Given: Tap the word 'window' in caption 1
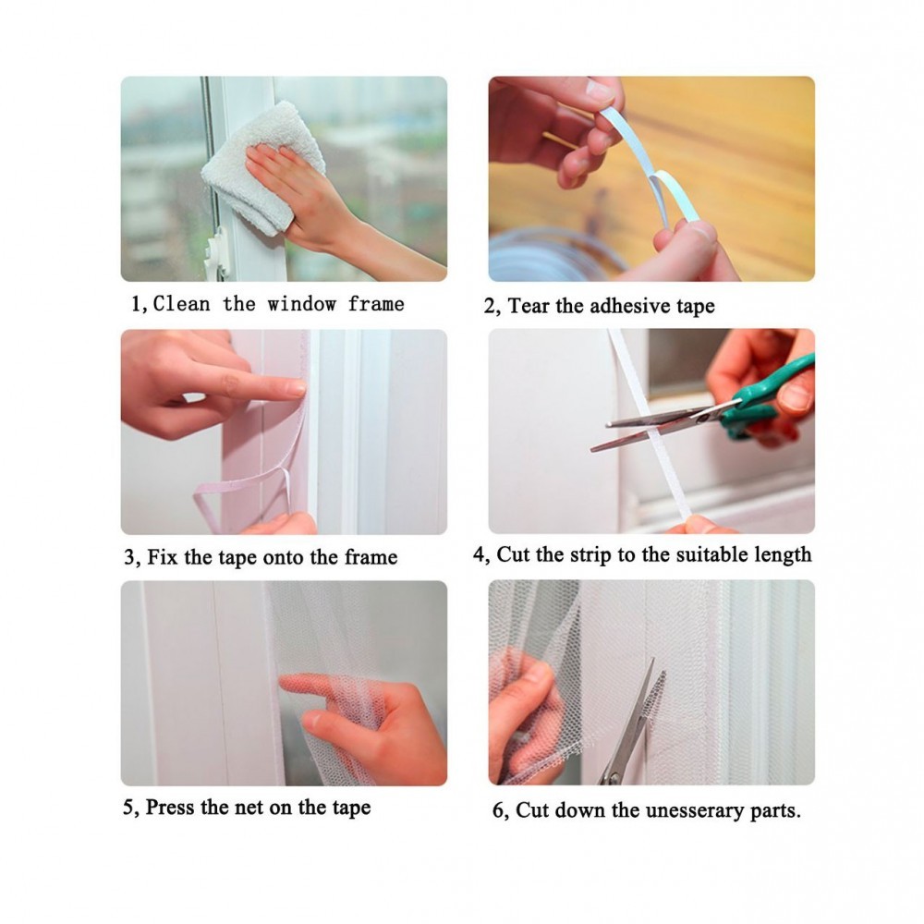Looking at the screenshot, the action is (x=302, y=304).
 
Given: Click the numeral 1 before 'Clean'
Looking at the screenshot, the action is (x=137, y=305).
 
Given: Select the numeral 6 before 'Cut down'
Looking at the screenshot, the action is (x=499, y=811).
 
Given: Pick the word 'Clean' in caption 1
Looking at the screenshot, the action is (x=181, y=304).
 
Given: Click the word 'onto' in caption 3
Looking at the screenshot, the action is (x=284, y=557).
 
